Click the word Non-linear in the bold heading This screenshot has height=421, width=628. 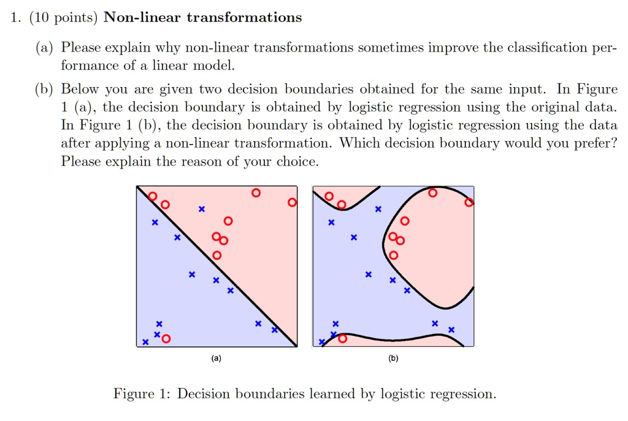pos(142,17)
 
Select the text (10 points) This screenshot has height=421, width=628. pos(63,18)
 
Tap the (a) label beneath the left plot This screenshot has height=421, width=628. pos(216,358)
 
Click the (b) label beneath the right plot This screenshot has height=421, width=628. pos(393,358)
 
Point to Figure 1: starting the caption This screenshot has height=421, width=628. pos(142,394)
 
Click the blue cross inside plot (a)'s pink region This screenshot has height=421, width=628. pos(202,209)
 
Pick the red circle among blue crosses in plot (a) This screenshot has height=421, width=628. pos(166,339)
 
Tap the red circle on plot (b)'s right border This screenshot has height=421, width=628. pos(469,202)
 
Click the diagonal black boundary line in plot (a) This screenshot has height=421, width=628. pos(216,267)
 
